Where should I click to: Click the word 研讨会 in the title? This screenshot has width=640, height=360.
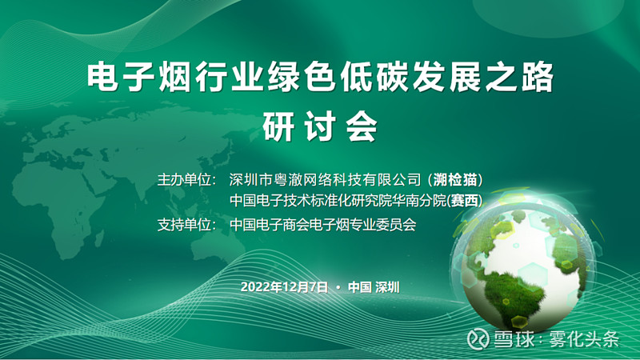[319, 126]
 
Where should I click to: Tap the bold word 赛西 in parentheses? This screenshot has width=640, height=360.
[465, 201]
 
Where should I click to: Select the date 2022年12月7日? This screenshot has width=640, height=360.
[284, 287]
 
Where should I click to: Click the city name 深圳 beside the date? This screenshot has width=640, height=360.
[387, 287]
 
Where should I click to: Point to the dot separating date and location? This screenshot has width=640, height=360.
[338, 287]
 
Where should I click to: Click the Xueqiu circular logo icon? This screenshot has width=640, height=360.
[478, 338]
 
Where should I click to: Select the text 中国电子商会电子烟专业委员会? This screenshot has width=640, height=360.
[323, 225]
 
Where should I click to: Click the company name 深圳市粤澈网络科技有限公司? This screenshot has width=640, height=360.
[325, 179]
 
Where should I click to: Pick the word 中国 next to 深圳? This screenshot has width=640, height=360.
[359, 287]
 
